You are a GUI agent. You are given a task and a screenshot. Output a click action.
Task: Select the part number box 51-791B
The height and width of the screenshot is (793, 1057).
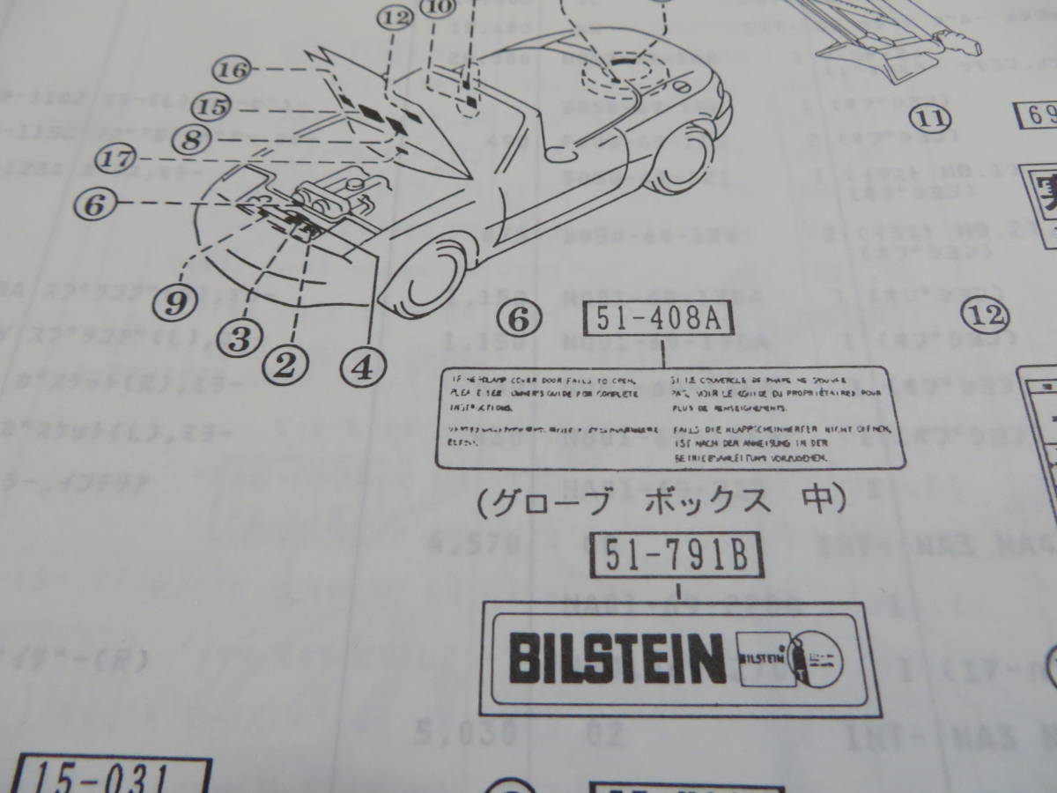pyautogui.click(x=678, y=556)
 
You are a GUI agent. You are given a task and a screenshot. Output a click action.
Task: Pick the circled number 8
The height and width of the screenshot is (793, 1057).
pyautogui.click(x=194, y=137)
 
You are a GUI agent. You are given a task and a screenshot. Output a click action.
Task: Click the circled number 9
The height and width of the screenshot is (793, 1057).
pyautogui.click(x=175, y=304)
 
